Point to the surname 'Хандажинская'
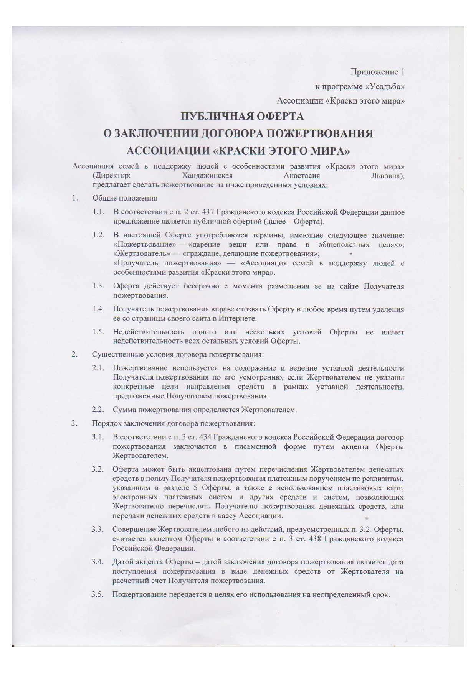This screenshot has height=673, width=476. coord(207,176)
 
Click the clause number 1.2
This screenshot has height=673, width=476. coord(98,235)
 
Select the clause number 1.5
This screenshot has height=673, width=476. coord(98,332)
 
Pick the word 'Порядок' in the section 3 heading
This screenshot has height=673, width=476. coord(104,424)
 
